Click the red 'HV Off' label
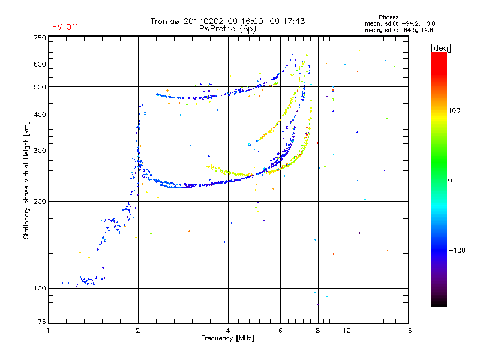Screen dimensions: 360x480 tap(64, 27)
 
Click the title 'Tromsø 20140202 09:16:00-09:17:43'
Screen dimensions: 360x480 tap(228, 21)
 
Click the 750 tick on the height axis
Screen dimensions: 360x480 tap(40, 38)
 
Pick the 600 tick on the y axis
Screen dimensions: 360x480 tap(40, 64)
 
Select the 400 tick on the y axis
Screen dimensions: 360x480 tap(40, 115)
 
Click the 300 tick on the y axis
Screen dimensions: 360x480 tap(40, 151)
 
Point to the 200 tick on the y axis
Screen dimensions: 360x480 tap(40, 201)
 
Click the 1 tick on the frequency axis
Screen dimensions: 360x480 tap(48, 331)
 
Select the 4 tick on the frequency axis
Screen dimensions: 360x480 tap(228, 331)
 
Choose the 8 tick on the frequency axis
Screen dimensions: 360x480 tap(317, 331)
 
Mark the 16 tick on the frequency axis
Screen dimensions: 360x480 tap(407, 331)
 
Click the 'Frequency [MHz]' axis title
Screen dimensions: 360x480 tap(228, 339)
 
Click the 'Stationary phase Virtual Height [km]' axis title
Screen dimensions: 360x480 tap(26, 180)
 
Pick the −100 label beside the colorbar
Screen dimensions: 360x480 tap(457, 250)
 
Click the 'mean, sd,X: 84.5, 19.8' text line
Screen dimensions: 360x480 tap(395, 29)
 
